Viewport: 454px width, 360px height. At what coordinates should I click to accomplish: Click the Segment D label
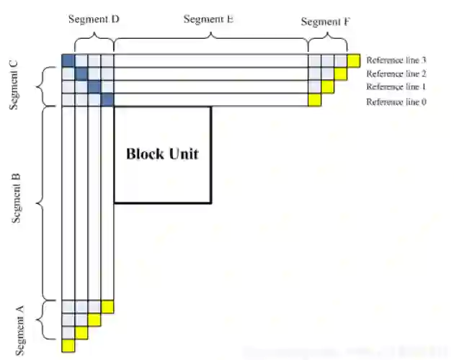coord(94,19)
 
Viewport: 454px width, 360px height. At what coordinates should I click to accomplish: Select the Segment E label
coord(208,19)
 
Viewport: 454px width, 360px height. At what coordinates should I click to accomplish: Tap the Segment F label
coord(326,22)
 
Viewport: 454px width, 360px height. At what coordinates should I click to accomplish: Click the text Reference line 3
coord(396,60)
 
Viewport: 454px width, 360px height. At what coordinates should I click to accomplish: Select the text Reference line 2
coord(396,73)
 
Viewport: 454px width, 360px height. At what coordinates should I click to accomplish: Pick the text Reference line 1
coord(396,87)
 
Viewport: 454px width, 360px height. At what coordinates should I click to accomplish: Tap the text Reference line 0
coord(396,102)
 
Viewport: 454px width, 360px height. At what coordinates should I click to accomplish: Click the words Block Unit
coord(162,153)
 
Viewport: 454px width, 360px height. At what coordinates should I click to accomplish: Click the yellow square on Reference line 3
coord(353,60)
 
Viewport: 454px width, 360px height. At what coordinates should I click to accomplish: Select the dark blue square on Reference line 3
coord(68,60)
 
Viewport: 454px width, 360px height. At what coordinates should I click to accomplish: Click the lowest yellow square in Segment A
coord(68,346)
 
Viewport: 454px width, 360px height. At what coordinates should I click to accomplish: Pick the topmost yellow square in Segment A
coord(107,306)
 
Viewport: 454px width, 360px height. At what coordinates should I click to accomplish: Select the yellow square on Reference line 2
coord(340,73)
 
